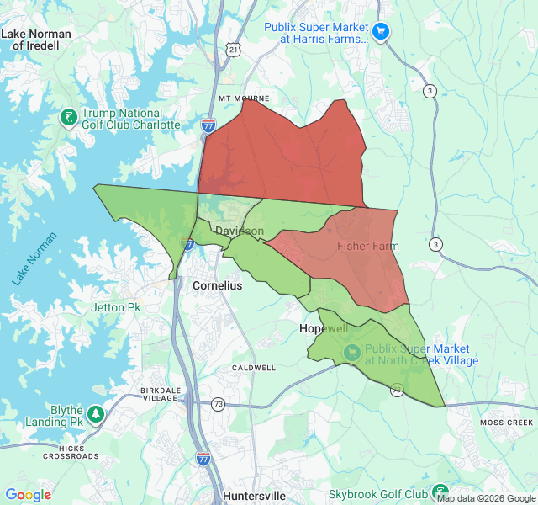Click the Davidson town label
[x=239, y=231]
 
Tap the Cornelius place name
[x=217, y=285]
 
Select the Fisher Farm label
[x=368, y=246]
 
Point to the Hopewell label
[x=324, y=328]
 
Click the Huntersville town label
[x=255, y=496]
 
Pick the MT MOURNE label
[x=242, y=98]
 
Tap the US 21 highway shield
[x=233, y=50]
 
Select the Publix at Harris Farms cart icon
[x=382, y=32]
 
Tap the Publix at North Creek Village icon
[x=352, y=353]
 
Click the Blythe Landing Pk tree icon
[x=96, y=414]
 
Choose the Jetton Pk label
[x=115, y=307]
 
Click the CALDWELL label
[x=254, y=368]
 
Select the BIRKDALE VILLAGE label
[x=160, y=395]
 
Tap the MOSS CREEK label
[x=506, y=422]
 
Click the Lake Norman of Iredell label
[x=36, y=40]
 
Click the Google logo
[x=28, y=495]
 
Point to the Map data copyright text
[x=485, y=497]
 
